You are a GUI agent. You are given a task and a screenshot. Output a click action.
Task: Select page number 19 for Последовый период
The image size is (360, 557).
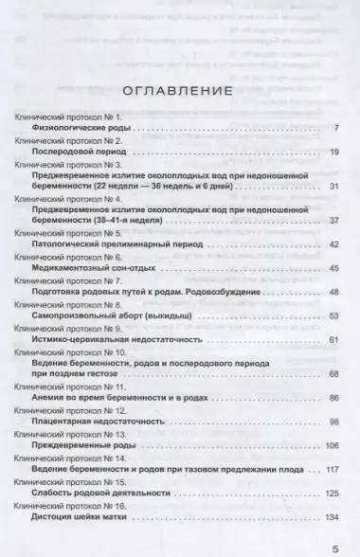pyautogui.click(x=333, y=151)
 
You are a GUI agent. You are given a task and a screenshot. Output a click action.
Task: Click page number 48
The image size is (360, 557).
pyautogui.click(x=333, y=293)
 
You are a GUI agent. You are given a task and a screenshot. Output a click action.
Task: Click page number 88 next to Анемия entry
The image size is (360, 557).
pyautogui.click(x=333, y=399)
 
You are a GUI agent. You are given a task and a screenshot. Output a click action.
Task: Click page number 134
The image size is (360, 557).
pyautogui.click(x=331, y=517)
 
